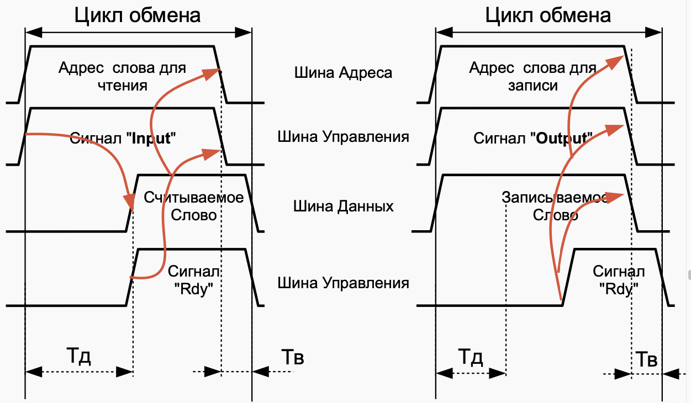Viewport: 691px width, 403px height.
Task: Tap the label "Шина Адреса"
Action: pos(343,72)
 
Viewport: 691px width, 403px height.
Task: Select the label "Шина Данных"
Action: pos(343,207)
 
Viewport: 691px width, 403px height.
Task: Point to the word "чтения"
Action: pos(123,86)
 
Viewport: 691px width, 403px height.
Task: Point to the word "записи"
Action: pos(533,86)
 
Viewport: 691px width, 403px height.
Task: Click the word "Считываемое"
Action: pos(193,198)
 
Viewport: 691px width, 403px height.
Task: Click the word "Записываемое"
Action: pos(556,198)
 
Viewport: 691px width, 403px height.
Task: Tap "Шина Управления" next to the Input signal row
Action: pos(343,137)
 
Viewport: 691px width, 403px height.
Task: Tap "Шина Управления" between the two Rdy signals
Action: pos(343,283)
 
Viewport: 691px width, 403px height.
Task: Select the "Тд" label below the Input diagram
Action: pos(78,356)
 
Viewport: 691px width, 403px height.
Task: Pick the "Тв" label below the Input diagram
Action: pos(292,357)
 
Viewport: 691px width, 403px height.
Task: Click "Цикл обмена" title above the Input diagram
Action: pos(138,15)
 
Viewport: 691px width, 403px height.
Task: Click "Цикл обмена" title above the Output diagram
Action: pos(548,15)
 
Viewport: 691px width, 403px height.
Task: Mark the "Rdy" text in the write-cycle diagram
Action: pos(618,289)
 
